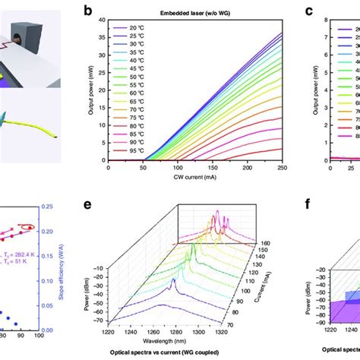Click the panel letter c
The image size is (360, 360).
pyautogui.click(x=308, y=11)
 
